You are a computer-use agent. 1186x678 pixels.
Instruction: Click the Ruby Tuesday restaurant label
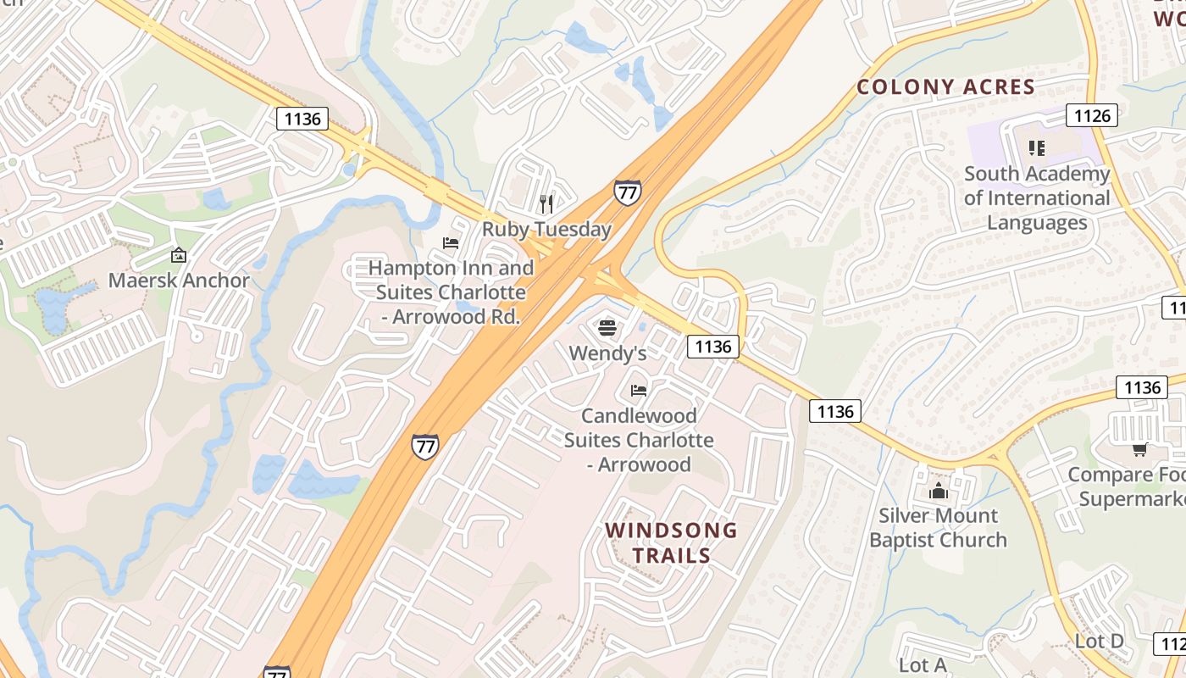pyautogui.click(x=546, y=229)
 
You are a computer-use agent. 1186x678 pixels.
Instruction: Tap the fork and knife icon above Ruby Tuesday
pyautogui.click(x=546, y=203)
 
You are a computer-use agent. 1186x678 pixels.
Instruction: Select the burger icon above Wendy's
pyautogui.click(x=607, y=328)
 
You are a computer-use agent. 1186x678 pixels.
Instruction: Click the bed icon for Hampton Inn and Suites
pyautogui.click(x=451, y=243)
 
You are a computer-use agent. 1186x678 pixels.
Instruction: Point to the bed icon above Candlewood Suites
pyautogui.click(x=639, y=390)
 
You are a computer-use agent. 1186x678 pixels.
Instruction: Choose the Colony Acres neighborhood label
pyautogui.click(x=945, y=86)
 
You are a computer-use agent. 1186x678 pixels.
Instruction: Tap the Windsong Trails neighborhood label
pyautogui.click(x=671, y=543)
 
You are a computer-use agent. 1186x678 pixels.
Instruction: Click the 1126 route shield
pyautogui.click(x=1092, y=115)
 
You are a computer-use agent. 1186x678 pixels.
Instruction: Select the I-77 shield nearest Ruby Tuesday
pyautogui.click(x=627, y=192)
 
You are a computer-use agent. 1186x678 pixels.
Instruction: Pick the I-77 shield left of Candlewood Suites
pyautogui.click(x=425, y=446)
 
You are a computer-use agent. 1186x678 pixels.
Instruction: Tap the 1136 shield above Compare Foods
pyautogui.click(x=1142, y=387)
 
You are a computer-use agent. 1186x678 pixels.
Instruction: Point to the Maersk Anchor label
pyautogui.click(x=179, y=281)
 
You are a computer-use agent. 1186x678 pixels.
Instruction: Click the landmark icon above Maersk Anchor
pyautogui.click(x=179, y=254)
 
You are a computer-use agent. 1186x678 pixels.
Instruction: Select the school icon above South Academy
pyautogui.click(x=1036, y=148)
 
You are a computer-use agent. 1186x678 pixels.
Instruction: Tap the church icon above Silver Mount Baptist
pyautogui.click(x=938, y=492)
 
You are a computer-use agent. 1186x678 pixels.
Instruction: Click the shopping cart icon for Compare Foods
pyautogui.click(x=1139, y=449)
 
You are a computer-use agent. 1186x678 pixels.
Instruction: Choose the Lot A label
pyautogui.click(x=923, y=665)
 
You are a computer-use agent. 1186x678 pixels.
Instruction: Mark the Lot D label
pyautogui.click(x=1099, y=642)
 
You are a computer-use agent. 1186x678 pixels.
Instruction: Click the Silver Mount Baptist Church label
pyautogui.click(x=938, y=527)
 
